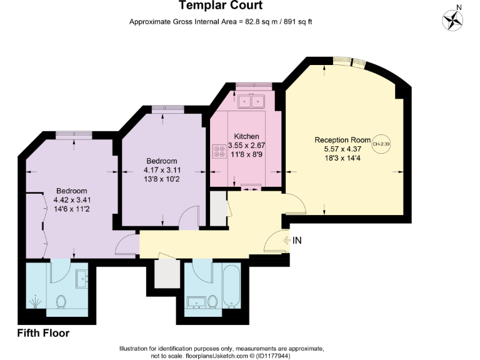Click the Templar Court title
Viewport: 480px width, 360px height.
pyautogui.click(x=221, y=5)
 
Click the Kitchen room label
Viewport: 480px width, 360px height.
pyautogui.click(x=246, y=136)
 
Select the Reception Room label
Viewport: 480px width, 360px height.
pyautogui.click(x=342, y=140)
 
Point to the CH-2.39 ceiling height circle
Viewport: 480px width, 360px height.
pyautogui.click(x=381, y=144)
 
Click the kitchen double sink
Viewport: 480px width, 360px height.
pyautogui.click(x=251, y=101)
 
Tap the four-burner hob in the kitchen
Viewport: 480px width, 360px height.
pyautogui.click(x=219, y=151)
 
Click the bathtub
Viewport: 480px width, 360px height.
pyautogui.click(x=232, y=286)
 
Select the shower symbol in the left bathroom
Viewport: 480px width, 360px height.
pyautogui.click(x=35, y=302)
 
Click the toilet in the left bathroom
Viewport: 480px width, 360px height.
pyautogui.click(x=61, y=302)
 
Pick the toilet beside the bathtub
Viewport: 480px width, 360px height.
pyautogui.click(x=212, y=302)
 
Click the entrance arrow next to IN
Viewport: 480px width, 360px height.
pyautogui.click(x=287, y=240)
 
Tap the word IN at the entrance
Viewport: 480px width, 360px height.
pyautogui.click(x=297, y=241)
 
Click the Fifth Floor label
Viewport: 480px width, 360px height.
pyautogui.click(x=43, y=333)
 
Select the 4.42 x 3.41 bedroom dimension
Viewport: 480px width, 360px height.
pyautogui.click(x=72, y=200)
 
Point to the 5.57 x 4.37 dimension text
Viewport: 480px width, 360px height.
pyautogui.click(x=342, y=149)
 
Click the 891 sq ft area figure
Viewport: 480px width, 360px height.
pyautogui.click(x=298, y=22)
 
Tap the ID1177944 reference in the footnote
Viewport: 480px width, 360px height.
pyautogui.click(x=273, y=356)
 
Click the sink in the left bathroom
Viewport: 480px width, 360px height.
pyautogui.click(x=82, y=279)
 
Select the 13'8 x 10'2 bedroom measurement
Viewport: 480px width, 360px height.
pyautogui.click(x=162, y=179)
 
